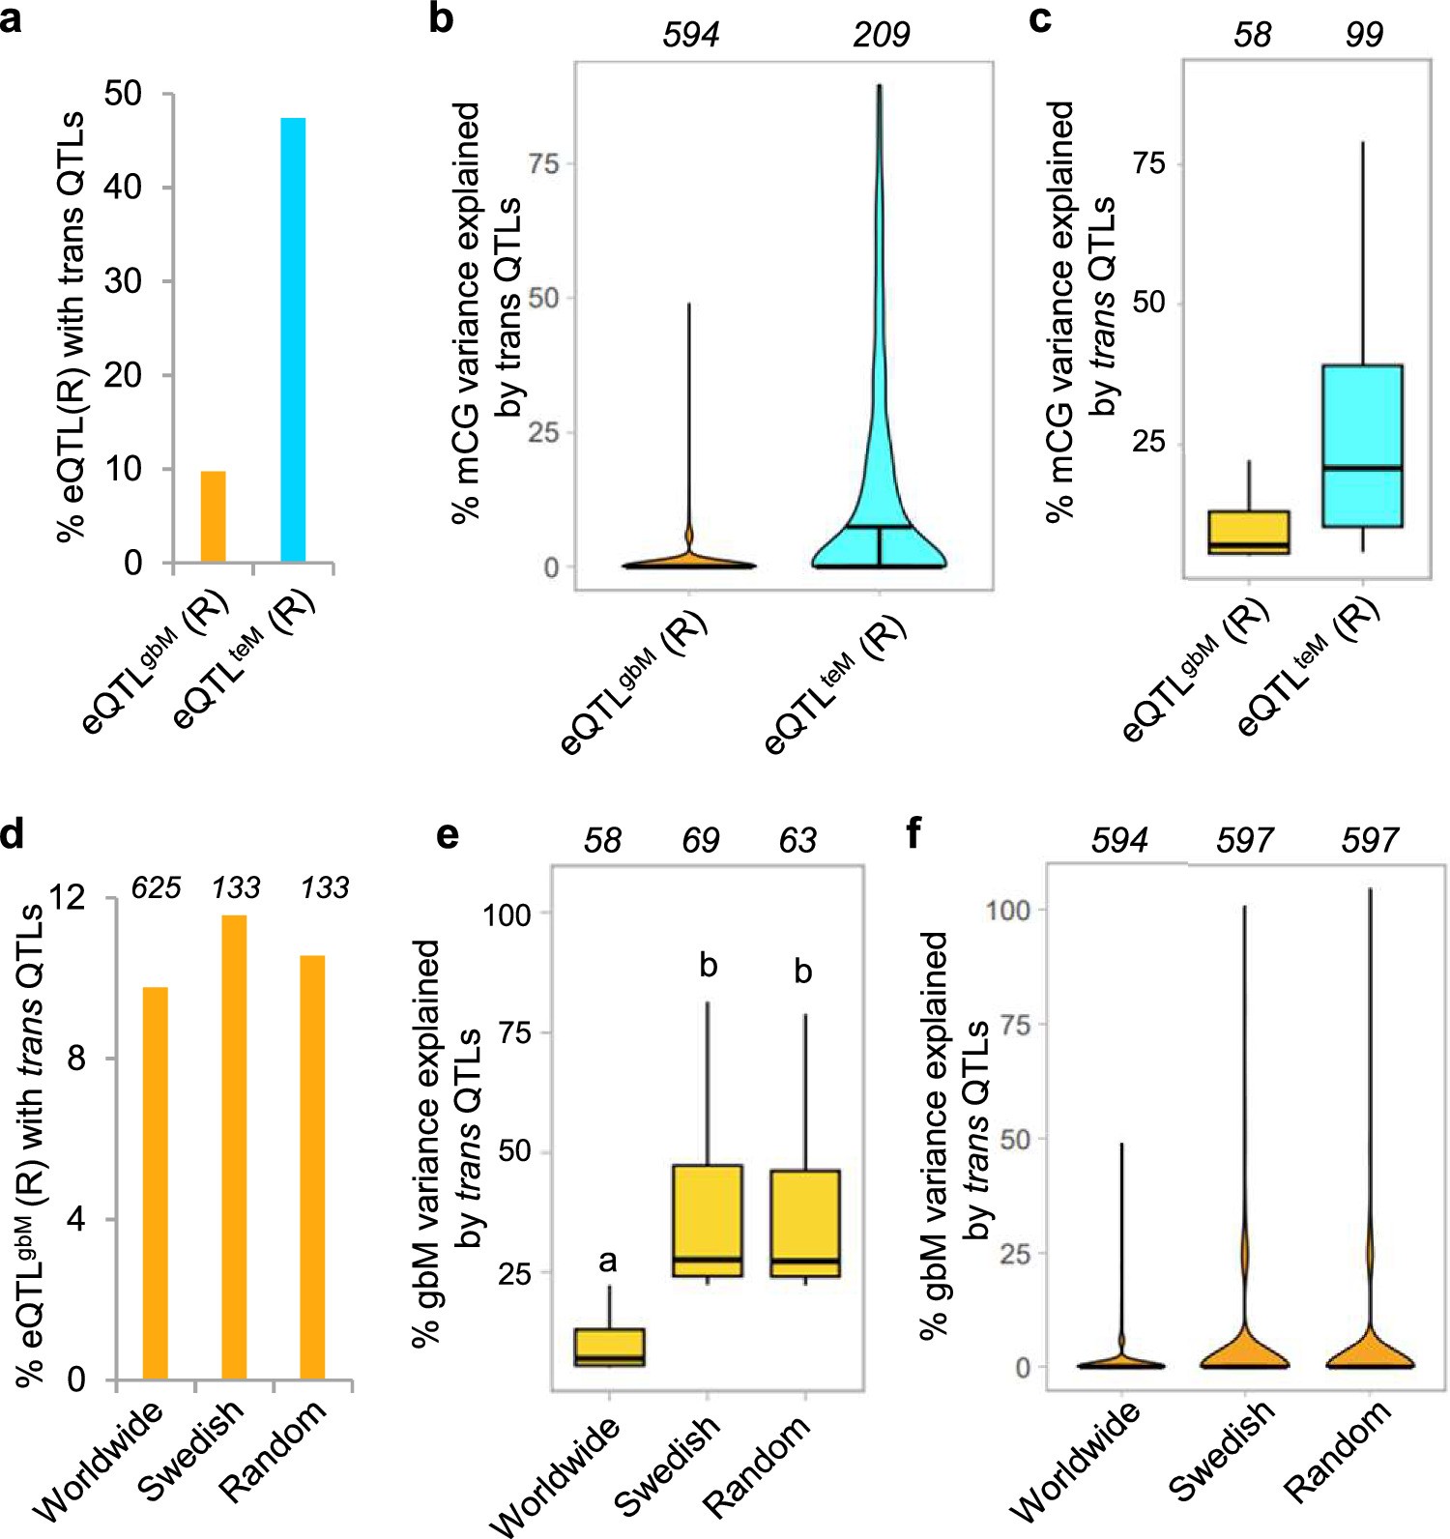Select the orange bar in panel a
[x=213, y=516]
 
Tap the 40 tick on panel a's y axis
[x=123, y=187]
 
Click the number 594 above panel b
[x=690, y=36]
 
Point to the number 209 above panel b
[x=881, y=36]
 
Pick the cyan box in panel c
[x=1363, y=445]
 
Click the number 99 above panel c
[x=1363, y=36]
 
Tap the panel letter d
[x=13, y=833]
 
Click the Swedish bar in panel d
[x=234, y=1147]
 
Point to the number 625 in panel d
[x=156, y=887]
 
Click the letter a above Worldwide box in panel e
[x=607, y=1262]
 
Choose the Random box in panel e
[x=805, y=1223]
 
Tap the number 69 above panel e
[x=701, y=841]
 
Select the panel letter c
[x=1040, y=19]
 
